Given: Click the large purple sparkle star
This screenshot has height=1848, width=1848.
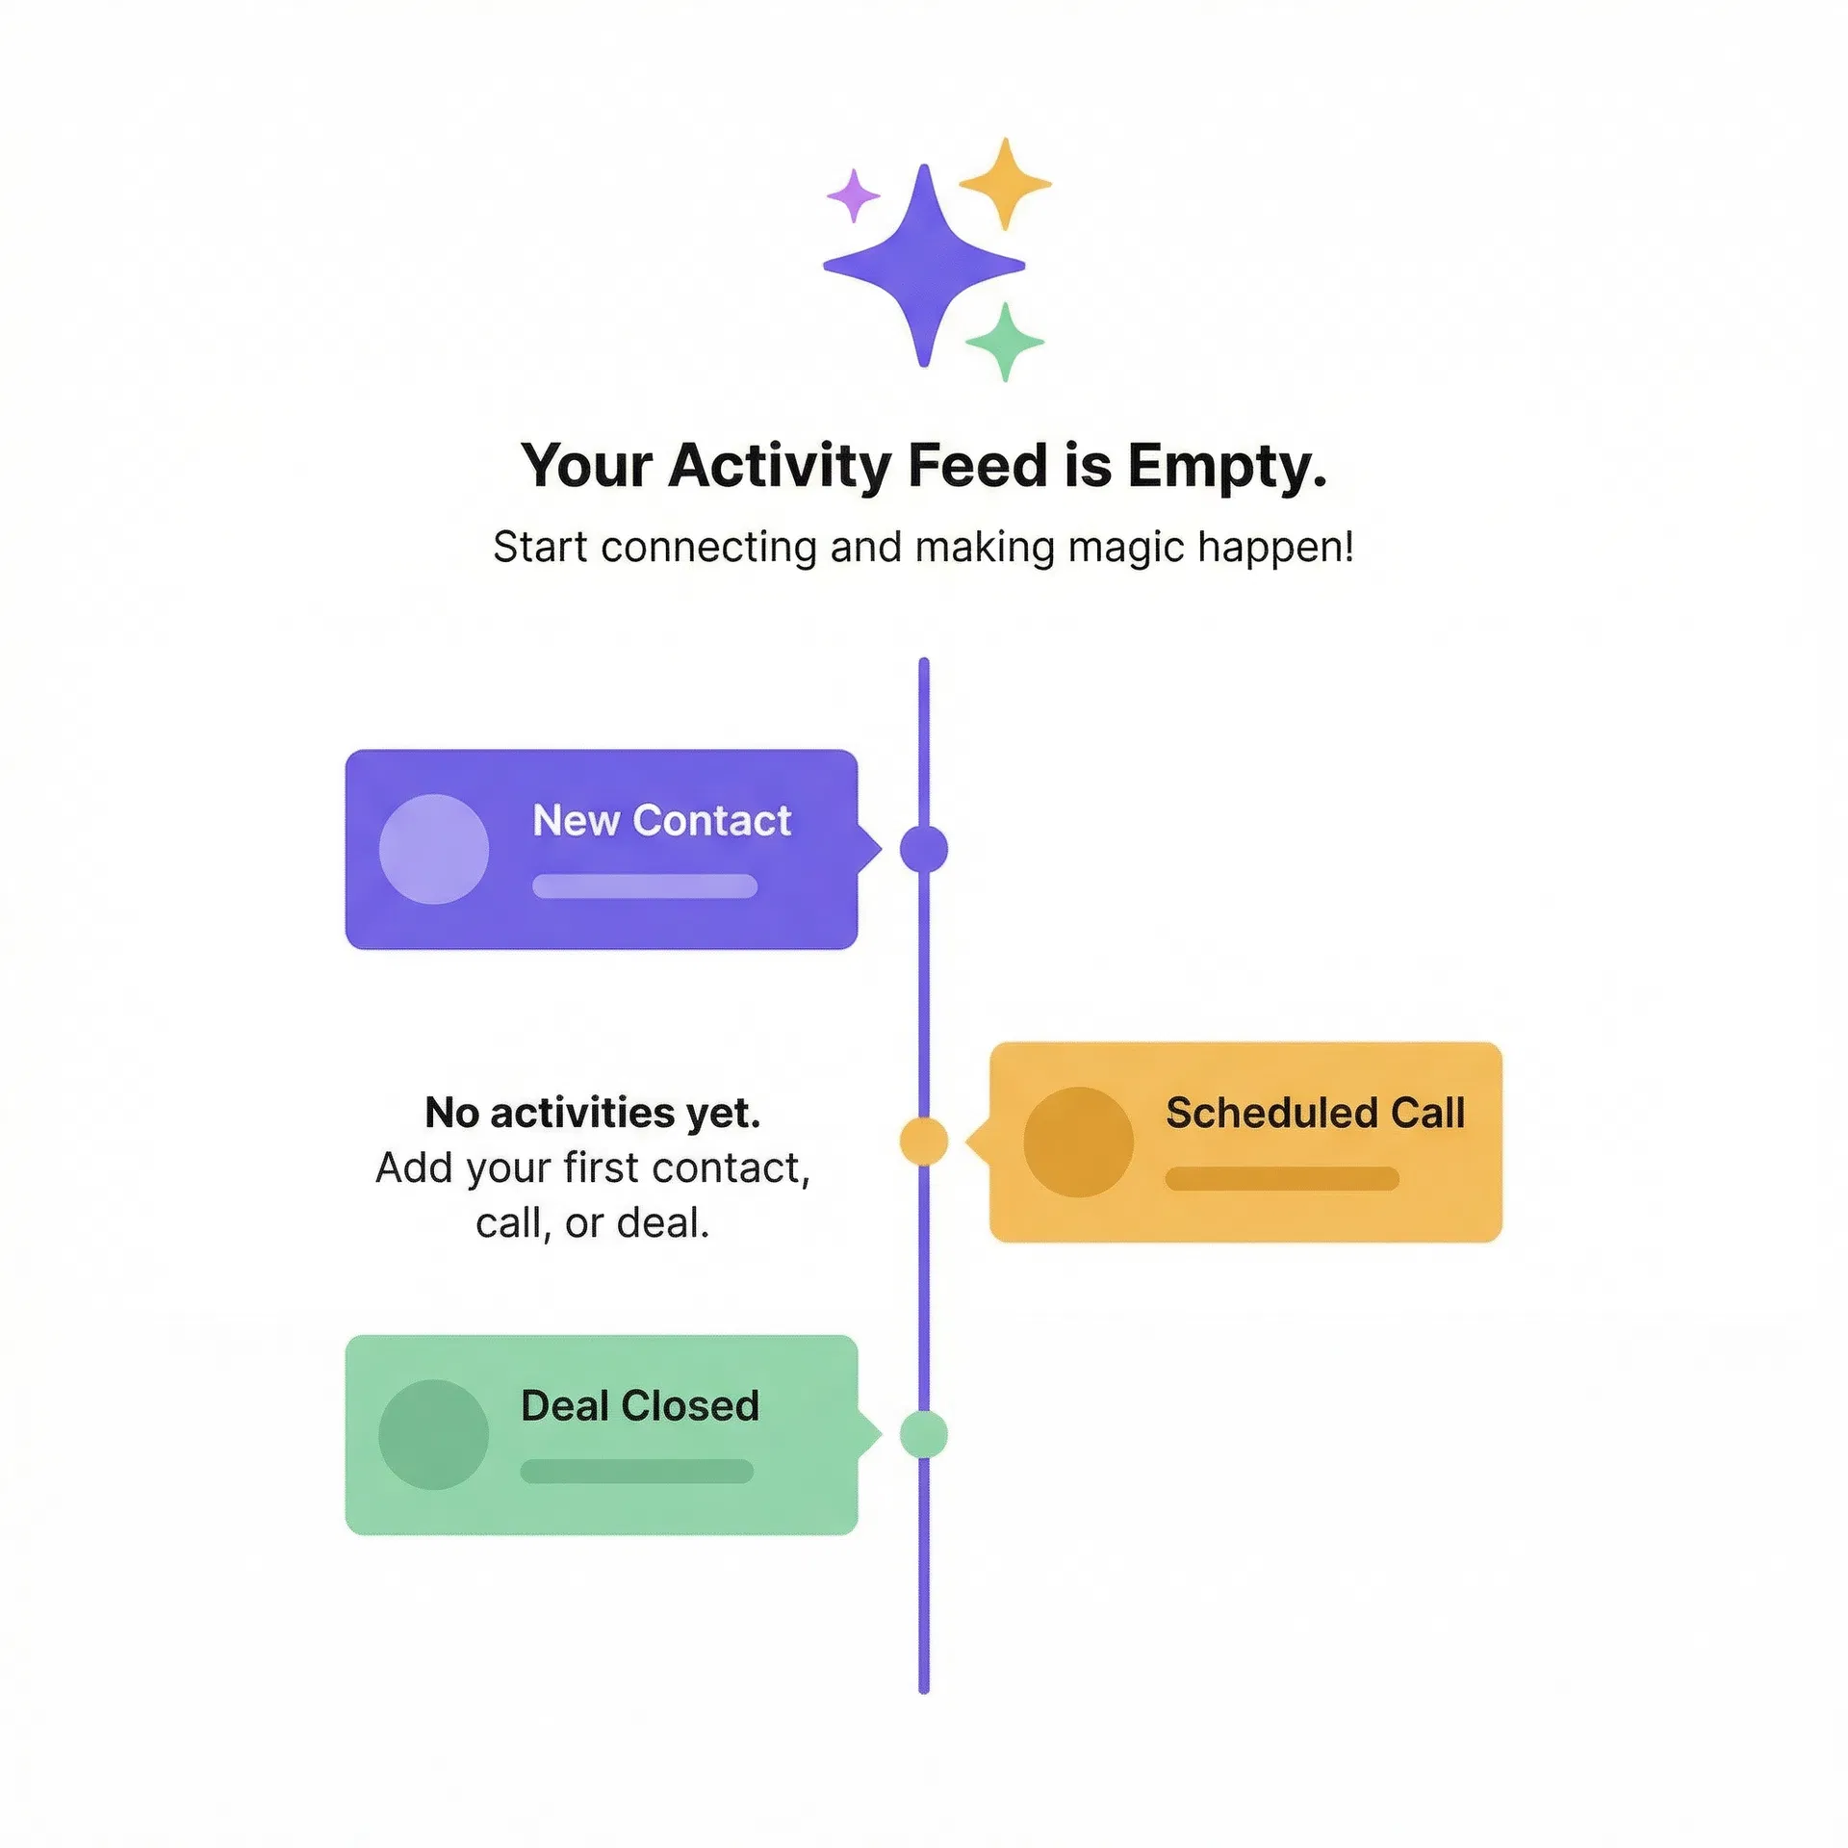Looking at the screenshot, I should [x=924, y=266].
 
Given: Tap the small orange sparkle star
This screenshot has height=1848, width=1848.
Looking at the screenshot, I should [x=1005, y=184].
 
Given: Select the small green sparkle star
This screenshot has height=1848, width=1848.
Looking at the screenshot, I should [x=1005, y=342].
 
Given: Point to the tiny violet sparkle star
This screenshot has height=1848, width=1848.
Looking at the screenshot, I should [x=854, y=196].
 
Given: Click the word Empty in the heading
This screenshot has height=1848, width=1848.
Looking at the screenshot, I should [x=1227, y=467].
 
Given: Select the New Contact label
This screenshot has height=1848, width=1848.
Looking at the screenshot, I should [x=661, y=821].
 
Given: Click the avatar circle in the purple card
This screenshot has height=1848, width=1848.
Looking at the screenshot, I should [x=434, y=849].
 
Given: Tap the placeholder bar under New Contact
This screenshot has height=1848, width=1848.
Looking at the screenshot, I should [x=645, y=885].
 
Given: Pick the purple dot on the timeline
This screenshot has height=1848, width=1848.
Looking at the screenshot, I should [x=924, y=849].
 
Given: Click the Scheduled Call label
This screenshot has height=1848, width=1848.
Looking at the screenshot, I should [x=1315, y=1113].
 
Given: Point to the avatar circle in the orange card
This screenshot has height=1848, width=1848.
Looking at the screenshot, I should [x=1078, y=1142].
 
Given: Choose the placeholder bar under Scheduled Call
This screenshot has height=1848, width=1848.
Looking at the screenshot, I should [x=1282, y=1178].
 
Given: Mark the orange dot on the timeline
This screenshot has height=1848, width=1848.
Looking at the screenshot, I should [x=924, y=1142].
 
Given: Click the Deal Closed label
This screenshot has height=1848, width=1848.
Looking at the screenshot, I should [x=640, y=1406].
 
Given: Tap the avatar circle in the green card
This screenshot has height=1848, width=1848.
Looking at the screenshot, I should [x=434, y=1434].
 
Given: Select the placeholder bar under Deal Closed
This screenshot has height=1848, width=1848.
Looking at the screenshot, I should [x=637, y=1471].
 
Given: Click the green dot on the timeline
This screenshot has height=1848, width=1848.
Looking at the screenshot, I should [x=924, y=1434].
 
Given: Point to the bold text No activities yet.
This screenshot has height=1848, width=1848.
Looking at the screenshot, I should [x=593, y=1113].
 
